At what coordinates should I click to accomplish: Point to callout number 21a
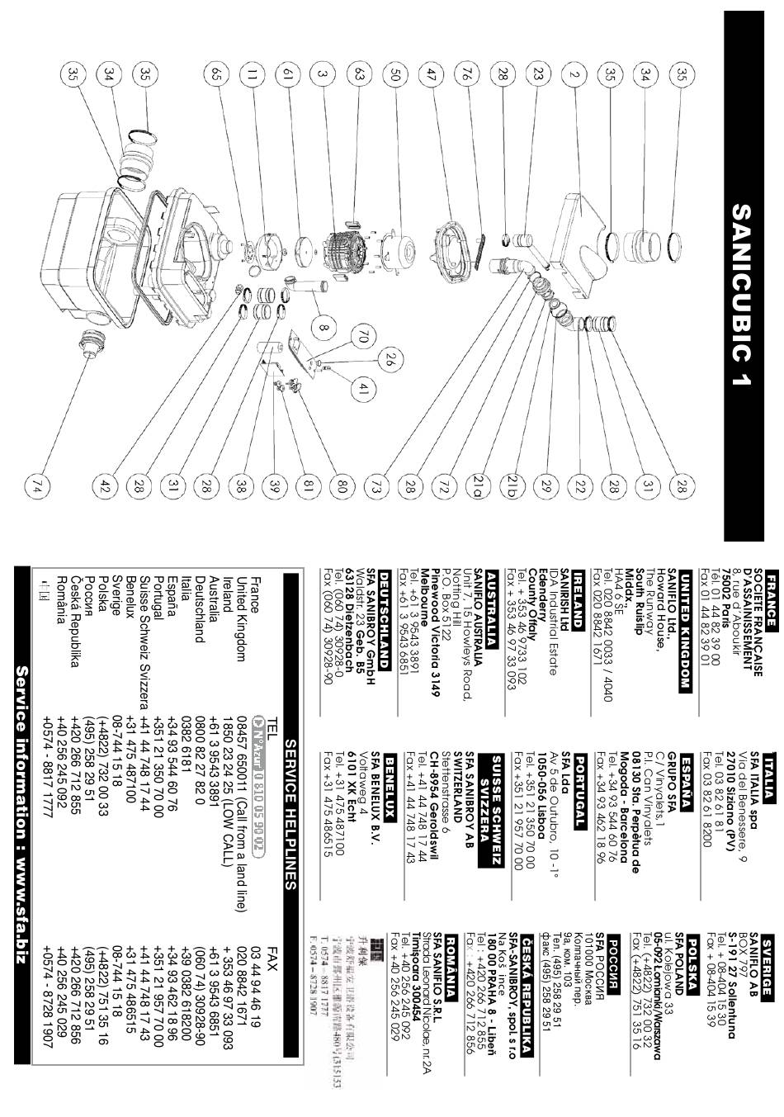point(477,487)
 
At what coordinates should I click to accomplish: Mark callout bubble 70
point(361,338)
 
